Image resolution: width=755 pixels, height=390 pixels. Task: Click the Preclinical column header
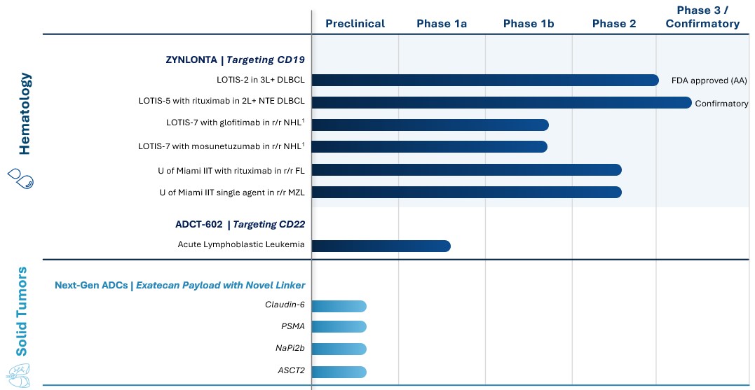pyautogui.click(x=355, y=24)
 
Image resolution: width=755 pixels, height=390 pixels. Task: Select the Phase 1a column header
pyautogui.click(x=442, y=24)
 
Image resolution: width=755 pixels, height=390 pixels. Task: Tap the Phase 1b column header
pyautogui.click(x=529, y=24)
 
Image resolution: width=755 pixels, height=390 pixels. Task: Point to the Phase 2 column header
pyautogui.click(x=614, y=24)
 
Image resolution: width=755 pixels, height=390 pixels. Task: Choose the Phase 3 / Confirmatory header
pyautogui.click(x=702, y=17)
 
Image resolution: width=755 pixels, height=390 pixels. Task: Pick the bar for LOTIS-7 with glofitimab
pyautogui.click(x=430, y=125)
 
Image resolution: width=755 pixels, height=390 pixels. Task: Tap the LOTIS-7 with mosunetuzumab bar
pyautogui.click(x=430, y=146)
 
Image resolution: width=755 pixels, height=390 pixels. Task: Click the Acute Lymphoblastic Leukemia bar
pyautogui.click(x=381, y=246)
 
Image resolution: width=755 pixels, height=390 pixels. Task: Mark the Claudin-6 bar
pyautogui.click(x=339, y=305)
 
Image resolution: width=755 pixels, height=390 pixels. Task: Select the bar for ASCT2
pyautogui.click(x=339, y=372)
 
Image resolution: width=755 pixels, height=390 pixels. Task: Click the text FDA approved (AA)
pyautogui.click(x=709, y=81)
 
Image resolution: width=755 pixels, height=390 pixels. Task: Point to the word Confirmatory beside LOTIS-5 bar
pyautogui.click(x=721, y=104)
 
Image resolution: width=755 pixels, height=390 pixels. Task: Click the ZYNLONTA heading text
pyautogui.click(x=191, y=60)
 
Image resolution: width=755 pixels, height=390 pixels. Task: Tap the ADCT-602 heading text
pyautogui.click(x=199, y=225)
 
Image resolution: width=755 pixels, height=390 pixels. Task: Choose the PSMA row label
pyautogui.click(x=292, y=327)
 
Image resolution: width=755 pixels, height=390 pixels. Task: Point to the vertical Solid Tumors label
pyautogui.click(x=23, y=311)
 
